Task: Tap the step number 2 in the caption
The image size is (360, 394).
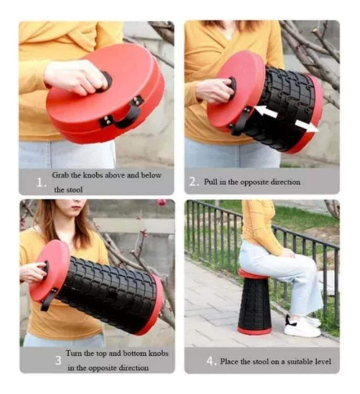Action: coord(193,182)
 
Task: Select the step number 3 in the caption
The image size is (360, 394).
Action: coord(58,361)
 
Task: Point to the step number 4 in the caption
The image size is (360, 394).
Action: coord(210,361)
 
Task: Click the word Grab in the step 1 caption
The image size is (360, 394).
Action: coord(60,176)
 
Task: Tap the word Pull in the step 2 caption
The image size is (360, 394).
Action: coord(210,181)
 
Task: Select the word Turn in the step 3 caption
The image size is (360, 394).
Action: coord(74,353)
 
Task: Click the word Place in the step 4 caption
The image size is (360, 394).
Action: coord(229,361)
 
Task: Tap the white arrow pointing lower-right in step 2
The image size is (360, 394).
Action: coord(306,126)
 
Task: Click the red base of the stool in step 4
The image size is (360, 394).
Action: coord(254,330)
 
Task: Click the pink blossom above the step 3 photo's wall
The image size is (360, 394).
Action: coord(162,203)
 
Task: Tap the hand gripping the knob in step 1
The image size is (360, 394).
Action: coord(75,77)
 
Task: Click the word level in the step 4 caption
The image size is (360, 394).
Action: coord(323,361)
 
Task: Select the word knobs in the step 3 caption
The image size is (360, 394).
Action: coord(159,353)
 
